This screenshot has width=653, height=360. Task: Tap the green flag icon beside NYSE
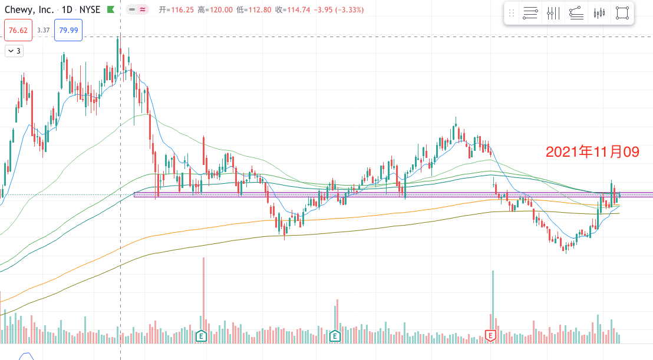(110, 10)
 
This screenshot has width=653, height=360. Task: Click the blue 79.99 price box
(68, 30)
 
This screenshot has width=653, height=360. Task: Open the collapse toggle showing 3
(14, 51)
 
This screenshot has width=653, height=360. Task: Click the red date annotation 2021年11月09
(592, 152)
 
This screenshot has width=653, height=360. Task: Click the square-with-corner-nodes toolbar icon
(622, 13)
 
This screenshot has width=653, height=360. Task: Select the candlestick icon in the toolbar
(599, 13)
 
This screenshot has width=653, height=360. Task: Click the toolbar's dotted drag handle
(512, 13)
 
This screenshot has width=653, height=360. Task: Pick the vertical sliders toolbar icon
(553, 13)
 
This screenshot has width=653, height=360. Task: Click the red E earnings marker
(490, 335)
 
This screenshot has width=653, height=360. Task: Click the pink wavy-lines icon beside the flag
(143, 10)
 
